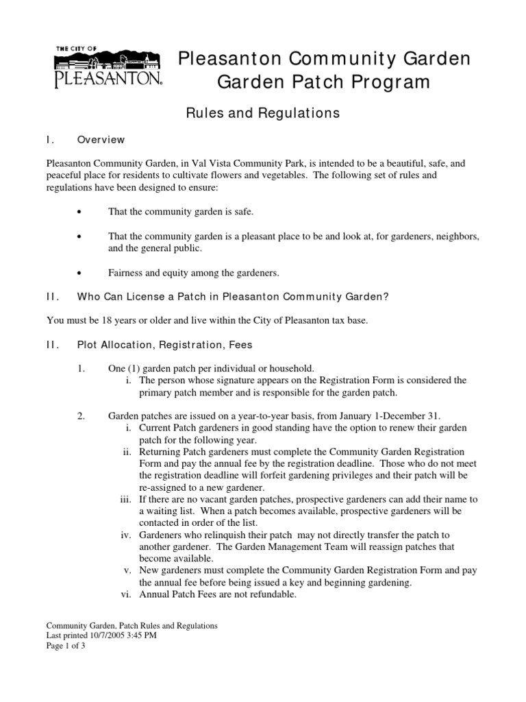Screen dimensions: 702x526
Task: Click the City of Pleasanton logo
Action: tap(108, 67)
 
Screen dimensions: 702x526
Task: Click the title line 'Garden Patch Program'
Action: tap(324, 82)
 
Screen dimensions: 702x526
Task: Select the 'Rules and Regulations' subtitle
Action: tap(263, 113)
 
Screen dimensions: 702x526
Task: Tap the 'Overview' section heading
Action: tap(101, 140)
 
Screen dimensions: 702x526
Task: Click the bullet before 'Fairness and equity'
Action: tap(80, 273)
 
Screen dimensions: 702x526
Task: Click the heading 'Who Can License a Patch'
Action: tap(233, 296)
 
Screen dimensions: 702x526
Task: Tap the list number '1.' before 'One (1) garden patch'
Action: tap(82, 368)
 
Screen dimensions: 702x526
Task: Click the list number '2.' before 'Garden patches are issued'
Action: tap(82, 416)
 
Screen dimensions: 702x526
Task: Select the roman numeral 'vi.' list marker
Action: tap(127, 594)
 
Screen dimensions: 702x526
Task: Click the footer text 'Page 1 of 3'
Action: tap(66, 645)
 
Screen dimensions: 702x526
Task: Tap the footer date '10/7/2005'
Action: tap(103, 636)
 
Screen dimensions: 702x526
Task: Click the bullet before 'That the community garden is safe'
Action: tap(80, 213)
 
